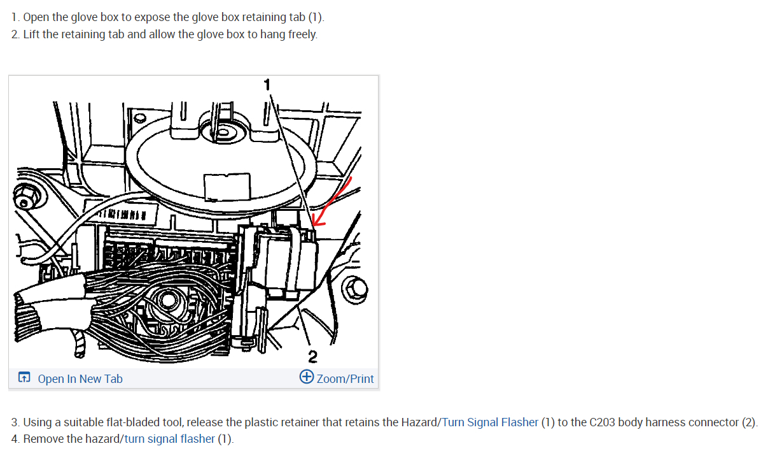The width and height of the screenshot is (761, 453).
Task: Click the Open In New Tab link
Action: coord(80,378)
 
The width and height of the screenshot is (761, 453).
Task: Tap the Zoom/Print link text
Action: coord(346,378)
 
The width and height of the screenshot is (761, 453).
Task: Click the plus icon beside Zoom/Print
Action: coord(306,377)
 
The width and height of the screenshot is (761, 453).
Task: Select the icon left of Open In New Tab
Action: coord(24,378)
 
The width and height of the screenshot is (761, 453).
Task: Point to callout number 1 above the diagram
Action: coord(267,84)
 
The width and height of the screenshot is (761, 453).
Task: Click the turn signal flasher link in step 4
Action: coord(170,438)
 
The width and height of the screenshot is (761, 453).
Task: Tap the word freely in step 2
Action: coord(302,34)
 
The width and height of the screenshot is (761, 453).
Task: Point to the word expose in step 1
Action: coord(151,17)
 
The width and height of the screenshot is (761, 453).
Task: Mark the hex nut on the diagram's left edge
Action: coord(27,195)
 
